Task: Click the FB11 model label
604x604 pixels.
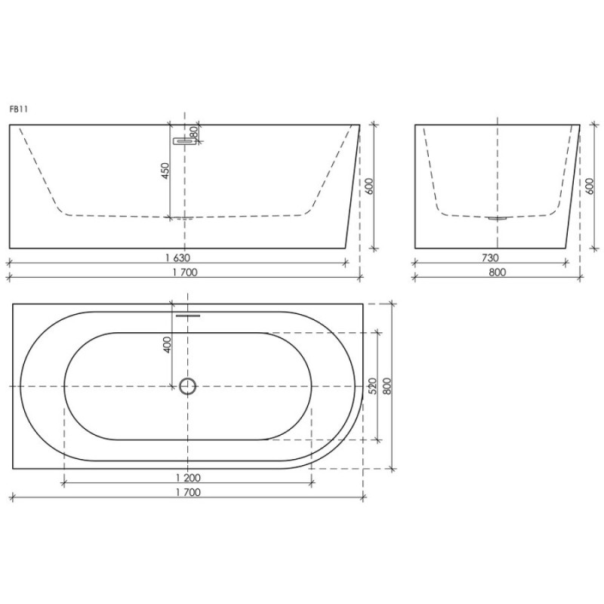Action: pos(18,109)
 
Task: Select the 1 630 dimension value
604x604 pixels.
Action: pos(178,257)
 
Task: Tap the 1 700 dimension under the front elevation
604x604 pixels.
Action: pos(185,273)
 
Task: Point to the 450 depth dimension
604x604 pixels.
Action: pos(165,171)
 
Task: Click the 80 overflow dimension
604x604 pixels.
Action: pos(194,133)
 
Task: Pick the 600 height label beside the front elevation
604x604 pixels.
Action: pos(369,186)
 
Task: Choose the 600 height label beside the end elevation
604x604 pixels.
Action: pos(589,186)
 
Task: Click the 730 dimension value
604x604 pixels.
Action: pos(490,257)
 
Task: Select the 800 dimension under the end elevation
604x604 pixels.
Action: pos(498,273)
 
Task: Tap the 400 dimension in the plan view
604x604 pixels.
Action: pos(167,345)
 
